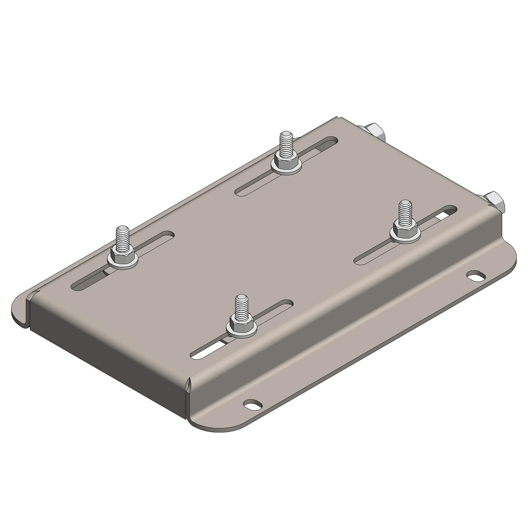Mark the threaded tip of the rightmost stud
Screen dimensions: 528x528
click(404, 204)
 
